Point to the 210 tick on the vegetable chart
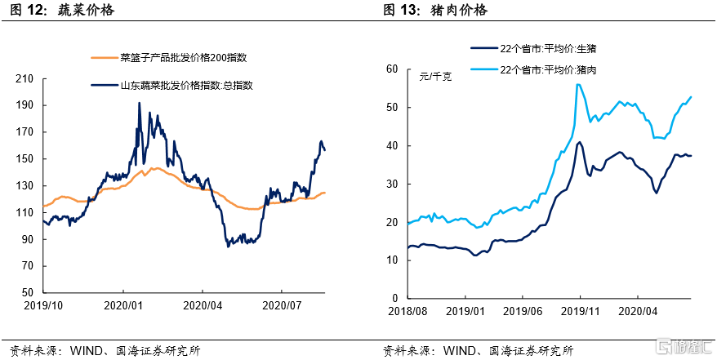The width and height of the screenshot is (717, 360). (x=26, y=78)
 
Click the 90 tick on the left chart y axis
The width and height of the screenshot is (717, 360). (x=29, y=239)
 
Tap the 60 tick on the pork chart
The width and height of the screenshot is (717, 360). (x=391, y=69)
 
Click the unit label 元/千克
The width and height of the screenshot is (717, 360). (x=434, y=78)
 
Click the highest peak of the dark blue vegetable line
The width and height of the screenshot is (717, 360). (x=139, y=104)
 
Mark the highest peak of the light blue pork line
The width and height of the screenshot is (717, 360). (x=577, y=84)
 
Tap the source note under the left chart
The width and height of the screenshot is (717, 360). (x=102, y=350)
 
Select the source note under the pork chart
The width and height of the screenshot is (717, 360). (x=478, y=350)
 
